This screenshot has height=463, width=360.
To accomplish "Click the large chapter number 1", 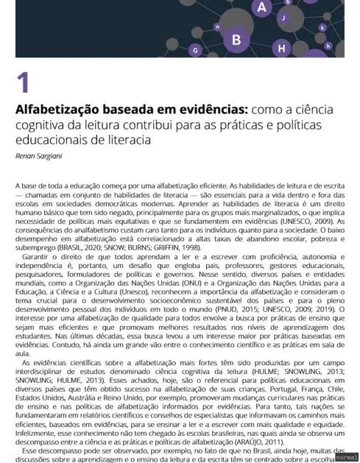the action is pyautogui.click(x=23, y=82).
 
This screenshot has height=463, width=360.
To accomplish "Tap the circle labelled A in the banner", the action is pyautogui.click(x=262, y=7).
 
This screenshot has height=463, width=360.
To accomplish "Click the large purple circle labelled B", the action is pyautogui.click(x=236, y=40).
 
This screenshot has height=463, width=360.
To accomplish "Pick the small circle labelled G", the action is pyautogui.click(x=195, y=51).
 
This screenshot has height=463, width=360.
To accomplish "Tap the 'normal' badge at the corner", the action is pyautogui.click(x=345, y=456).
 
